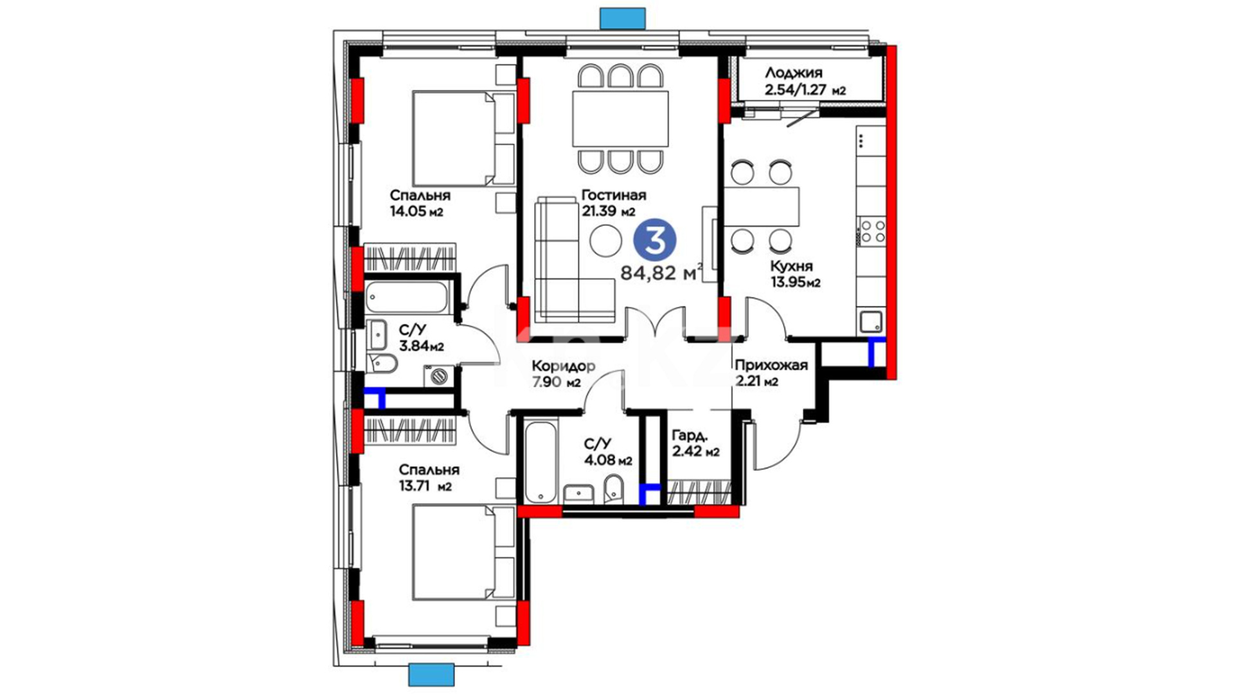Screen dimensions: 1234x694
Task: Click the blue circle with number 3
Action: tap(655, 240)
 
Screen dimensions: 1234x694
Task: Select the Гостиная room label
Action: tap(614, 195)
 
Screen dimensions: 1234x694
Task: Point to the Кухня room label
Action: tap(792, 266)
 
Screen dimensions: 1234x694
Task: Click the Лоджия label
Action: tap(793, 73)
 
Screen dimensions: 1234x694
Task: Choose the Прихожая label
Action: tap(771, 366)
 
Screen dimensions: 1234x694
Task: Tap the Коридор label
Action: tap(564, 366)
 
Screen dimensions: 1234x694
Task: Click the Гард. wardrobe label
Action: tap(689, 435)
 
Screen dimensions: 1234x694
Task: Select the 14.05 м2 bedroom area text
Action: tap(416, 211)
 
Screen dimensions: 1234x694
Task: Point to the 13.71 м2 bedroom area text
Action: tap(425, 486)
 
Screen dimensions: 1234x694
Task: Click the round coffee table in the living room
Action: tap(605, 241)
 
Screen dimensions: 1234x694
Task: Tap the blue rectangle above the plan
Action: tap(622, 18)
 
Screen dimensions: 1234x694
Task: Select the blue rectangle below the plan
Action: tap(431, 675)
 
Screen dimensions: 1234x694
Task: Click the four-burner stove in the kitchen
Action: tap(872, 231)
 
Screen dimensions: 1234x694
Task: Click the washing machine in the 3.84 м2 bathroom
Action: tap(439, 375)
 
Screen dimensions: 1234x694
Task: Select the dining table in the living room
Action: tap(620, 119)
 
